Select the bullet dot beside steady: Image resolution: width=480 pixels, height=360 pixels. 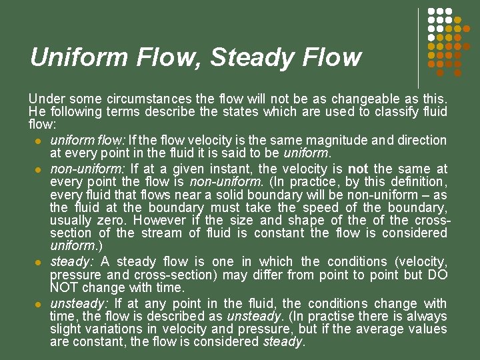(39, 262)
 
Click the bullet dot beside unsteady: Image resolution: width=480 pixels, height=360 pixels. (39, 304)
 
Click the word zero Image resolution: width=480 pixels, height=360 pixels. (112, 220)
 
